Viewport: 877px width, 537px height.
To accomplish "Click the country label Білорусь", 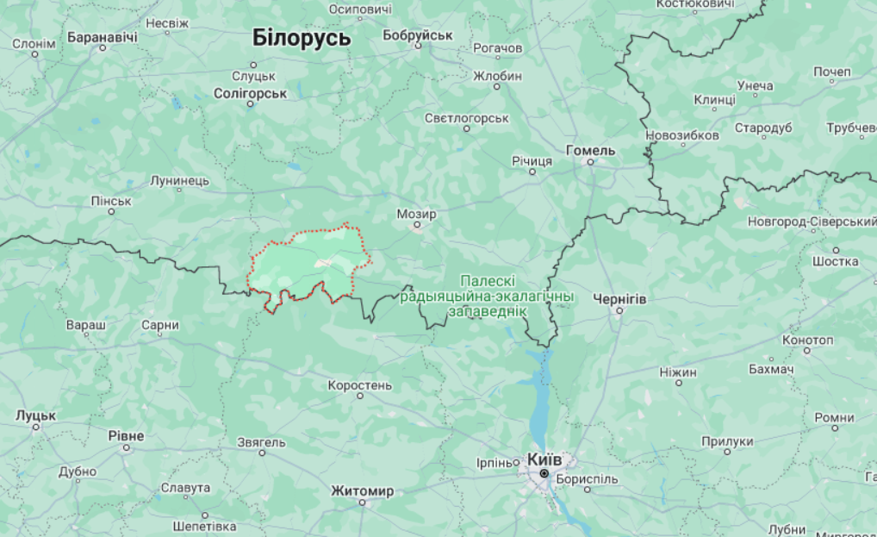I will (x=302, y=38).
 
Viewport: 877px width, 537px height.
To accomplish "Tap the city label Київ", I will (x=544, y=459).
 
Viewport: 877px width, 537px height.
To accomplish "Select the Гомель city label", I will (x=591, y=150).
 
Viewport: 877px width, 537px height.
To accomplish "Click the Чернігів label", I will (x=619, y=298).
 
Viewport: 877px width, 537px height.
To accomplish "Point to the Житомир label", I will (x=362, y=491).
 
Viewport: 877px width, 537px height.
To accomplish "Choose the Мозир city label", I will (x=416, y=214).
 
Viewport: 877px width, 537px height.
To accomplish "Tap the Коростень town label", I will (x=360, y=384).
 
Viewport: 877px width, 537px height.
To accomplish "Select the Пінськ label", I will (x=111, y=201).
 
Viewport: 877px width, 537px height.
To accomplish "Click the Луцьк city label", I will (x=35, y=415).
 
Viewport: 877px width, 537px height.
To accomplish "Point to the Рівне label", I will (x=126, y=435).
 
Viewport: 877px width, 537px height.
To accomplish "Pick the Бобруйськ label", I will (x=418, y=34).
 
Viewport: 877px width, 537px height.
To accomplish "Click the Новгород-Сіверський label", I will (x=812, y=222).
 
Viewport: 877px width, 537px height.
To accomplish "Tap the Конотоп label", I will (x=808, y=339).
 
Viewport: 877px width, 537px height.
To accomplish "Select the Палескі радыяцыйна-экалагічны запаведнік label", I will (x=488, y=296).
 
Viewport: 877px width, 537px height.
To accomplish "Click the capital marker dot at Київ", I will (x=544, y=474).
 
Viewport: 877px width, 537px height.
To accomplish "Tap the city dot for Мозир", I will (x=417, y=227).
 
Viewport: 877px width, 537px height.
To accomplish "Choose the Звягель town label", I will (x=261, y=442).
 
